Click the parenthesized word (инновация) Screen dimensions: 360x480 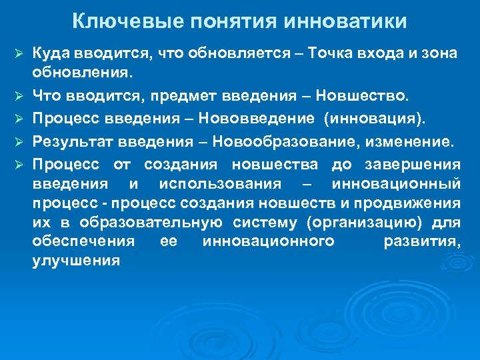pos(374,119)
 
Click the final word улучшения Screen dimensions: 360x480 pos(76,261)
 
